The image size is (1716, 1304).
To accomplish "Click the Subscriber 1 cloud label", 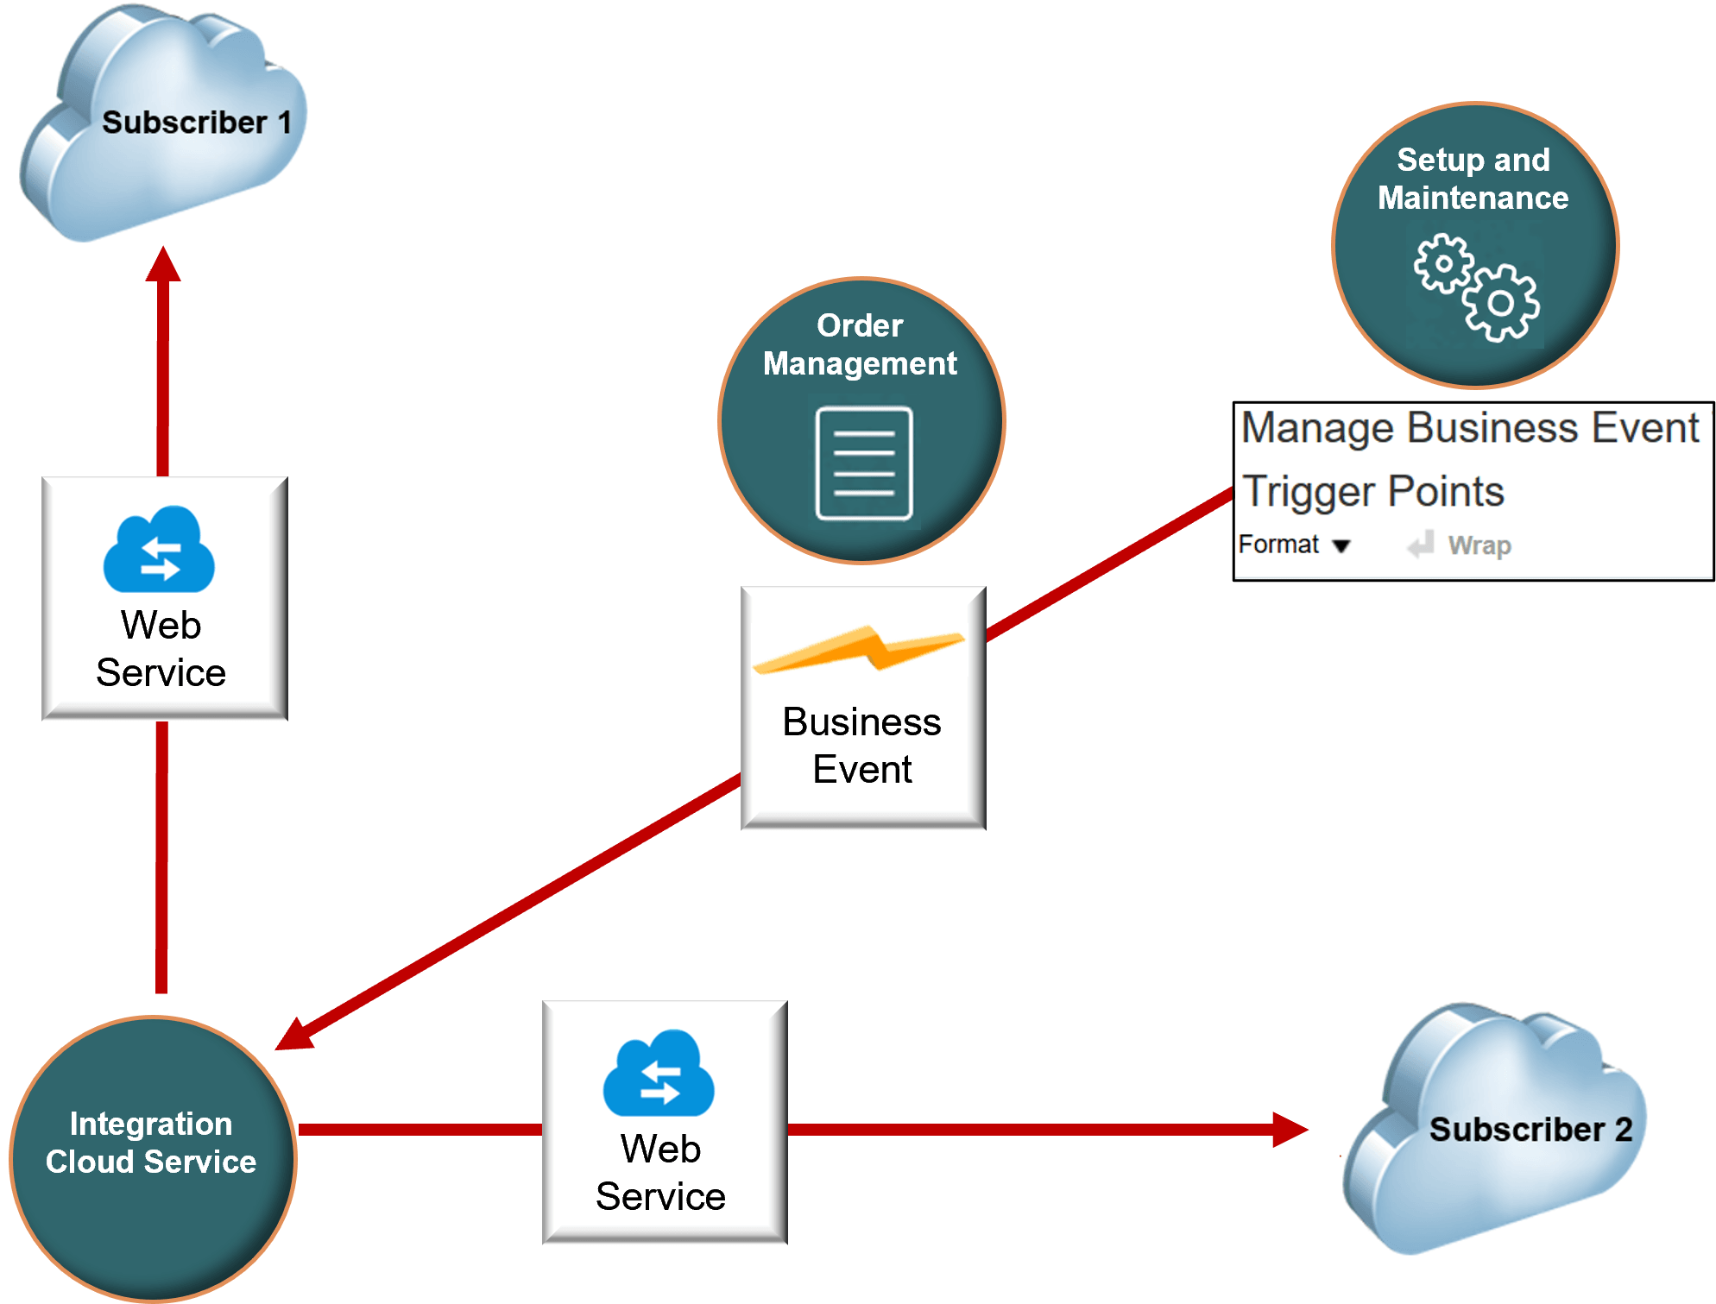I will pos(197,123).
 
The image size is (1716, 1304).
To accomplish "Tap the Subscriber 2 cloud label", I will pos(1530,1129).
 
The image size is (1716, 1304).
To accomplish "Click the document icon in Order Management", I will pos(864,463).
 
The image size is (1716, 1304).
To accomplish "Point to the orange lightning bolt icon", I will pos(859,649).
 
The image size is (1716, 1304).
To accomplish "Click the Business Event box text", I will pos(862,745).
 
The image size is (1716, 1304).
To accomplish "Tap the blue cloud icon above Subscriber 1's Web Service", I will pos(159,551).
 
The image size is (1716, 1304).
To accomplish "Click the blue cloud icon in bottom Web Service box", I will pos(659,1074).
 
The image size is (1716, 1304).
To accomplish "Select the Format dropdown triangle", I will pos(1341,546).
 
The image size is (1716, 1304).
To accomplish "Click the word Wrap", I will pos(1479,545).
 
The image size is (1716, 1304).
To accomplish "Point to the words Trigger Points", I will pos(1372,492).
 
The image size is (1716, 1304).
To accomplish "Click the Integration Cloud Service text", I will pos(151,1143).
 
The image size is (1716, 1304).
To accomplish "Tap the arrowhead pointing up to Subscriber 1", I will pos(163,265).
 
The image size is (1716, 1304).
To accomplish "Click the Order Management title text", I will pos(860,344).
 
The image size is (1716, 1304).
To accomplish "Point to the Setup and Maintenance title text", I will pos(1473,179).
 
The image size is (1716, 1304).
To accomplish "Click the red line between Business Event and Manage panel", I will pos(1109,565).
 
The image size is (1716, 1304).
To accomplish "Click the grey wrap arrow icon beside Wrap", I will pos(1421,545).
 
